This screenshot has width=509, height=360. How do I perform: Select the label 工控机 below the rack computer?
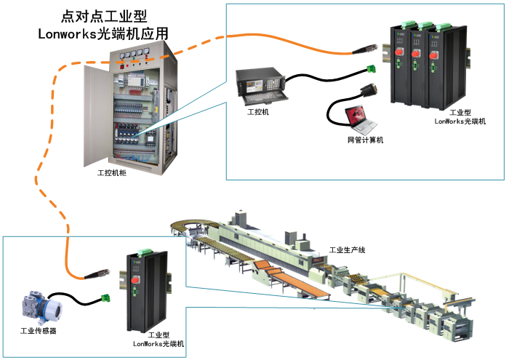point(258,113)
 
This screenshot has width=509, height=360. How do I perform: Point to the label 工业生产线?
point(347,249)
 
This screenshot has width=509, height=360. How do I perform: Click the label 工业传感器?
point(39,332)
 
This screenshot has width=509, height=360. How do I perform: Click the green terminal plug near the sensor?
point(108,298)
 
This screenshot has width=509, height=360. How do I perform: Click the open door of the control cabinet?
point(97,109)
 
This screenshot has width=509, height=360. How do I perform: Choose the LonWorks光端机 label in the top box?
point(460,121)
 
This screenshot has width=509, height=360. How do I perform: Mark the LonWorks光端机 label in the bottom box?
point(159,343)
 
